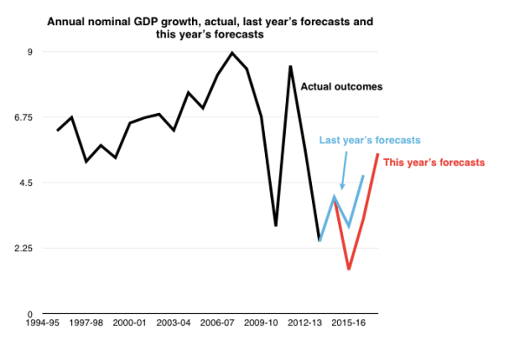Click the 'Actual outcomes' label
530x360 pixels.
341,86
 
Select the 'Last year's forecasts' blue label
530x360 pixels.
369,140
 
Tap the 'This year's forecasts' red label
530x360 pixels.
434,163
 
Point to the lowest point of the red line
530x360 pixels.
348,269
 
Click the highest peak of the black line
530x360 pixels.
232,53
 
